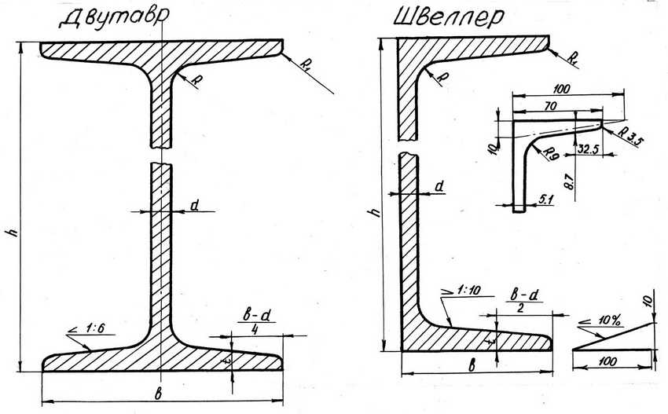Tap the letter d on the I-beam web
(x=194, y=206)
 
